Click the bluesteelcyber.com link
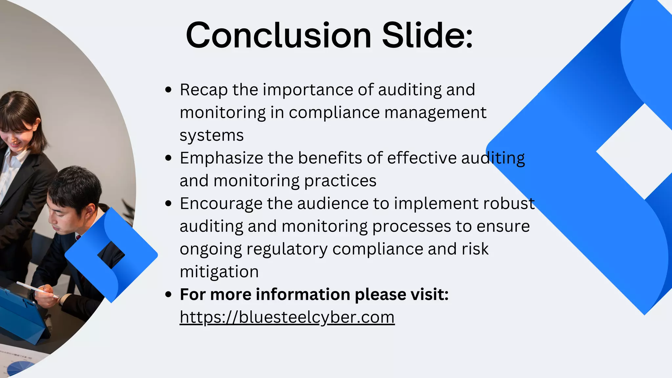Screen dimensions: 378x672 (x=287, y=317)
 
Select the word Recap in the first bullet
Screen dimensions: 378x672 (x=203, y=90)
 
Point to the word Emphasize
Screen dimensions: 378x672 (x=221, y=158)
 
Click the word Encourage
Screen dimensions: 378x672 (x=221, y=204)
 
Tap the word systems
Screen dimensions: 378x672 (x=212, y=136)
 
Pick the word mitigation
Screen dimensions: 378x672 (x=219, y=272)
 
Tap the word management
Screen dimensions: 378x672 (x=435, y=113)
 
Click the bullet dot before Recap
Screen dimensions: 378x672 (x=169, y=90)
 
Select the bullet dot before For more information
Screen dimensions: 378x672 (x=169, y=295)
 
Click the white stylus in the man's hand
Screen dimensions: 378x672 (x=36, y=289)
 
